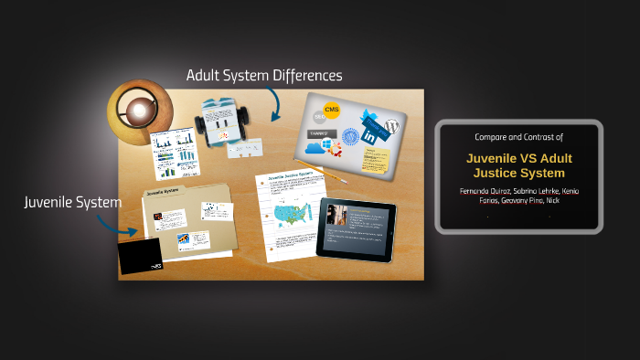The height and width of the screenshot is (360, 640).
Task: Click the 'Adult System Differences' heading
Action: click(x=263, y=75)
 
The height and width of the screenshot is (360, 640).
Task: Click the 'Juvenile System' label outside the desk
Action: click(x=72, y=202)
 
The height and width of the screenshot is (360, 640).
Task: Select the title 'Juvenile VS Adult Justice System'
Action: click(x=518, y=164)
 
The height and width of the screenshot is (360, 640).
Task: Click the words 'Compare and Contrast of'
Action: click(x=518, y=136)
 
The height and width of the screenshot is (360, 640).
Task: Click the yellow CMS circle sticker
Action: click(x=332, y=111)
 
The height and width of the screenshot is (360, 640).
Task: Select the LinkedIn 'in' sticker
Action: click(x=370, y=136)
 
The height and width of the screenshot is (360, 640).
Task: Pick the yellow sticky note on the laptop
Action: click(x=376, y=158)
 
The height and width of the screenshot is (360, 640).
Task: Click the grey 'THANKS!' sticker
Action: click(x=322, y=132)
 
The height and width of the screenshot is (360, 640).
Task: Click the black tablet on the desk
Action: click(x=356, y=228)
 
